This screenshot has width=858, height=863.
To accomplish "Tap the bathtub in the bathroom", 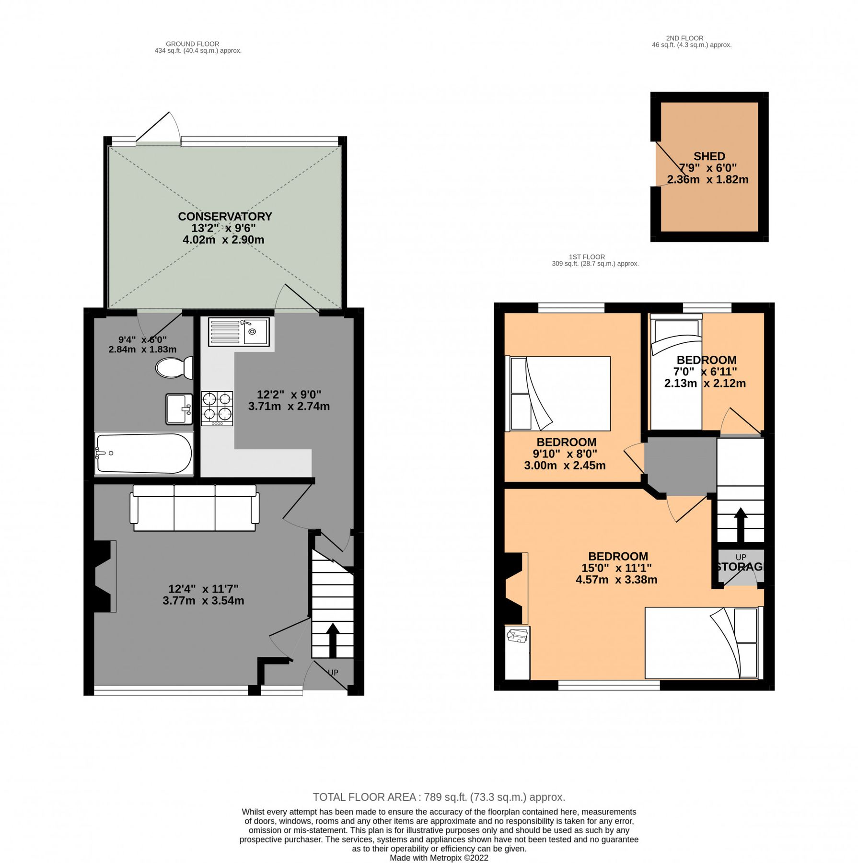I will [143, 454].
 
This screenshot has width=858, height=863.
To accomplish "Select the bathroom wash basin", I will [179, 409].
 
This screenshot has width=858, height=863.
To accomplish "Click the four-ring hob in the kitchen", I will [217, 408].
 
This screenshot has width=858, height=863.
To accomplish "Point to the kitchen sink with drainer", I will [238, 331].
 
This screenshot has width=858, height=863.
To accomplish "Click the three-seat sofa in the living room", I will [194, 508].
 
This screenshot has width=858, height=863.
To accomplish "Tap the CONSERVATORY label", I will [225, 216].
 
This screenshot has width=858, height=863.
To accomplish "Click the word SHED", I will [708, 156].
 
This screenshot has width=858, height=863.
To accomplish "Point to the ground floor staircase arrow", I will [332, 640].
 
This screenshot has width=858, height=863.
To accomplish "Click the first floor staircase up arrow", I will [740, 524].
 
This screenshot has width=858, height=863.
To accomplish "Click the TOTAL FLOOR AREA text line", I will [439, 797].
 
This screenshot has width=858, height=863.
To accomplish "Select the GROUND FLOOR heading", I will [192, 44].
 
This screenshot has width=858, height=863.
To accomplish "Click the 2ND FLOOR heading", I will [684, 38].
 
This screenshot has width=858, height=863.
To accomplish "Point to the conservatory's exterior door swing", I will [158, 127].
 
